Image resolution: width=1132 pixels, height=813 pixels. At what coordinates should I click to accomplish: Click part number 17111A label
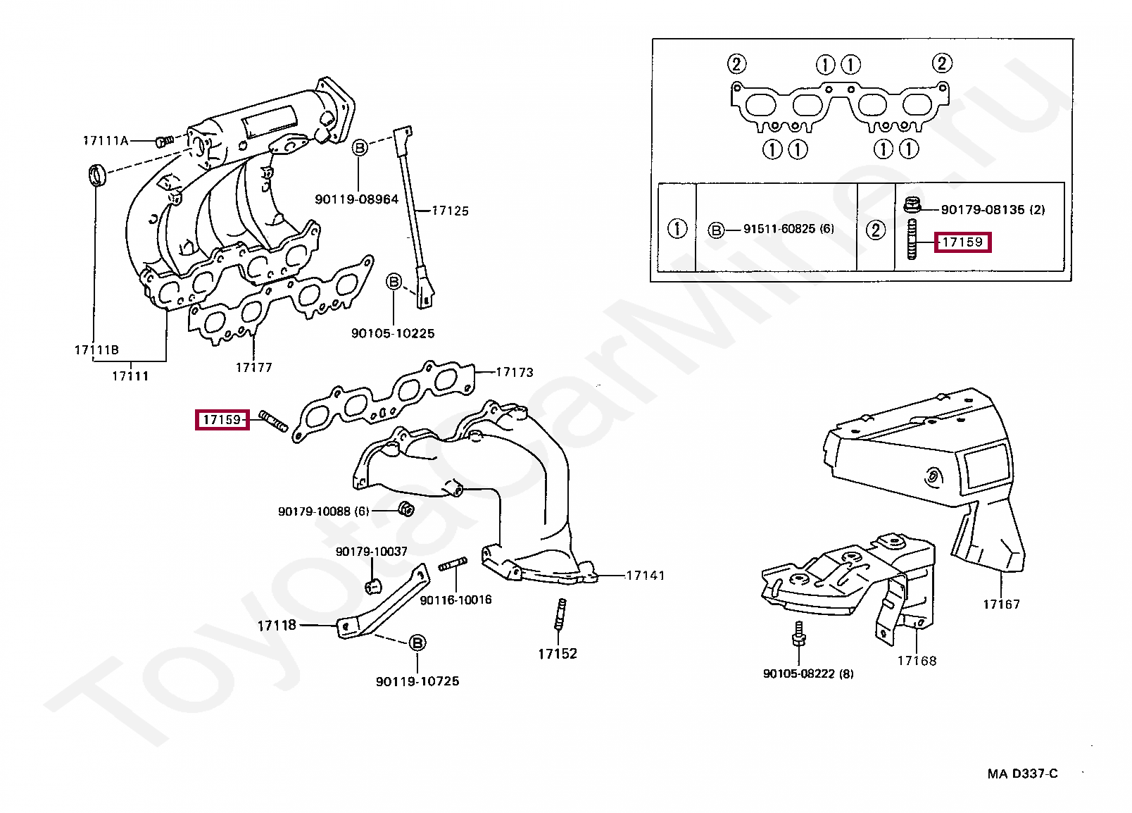[106, 141]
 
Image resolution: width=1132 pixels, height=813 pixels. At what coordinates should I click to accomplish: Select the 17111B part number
[96, 350]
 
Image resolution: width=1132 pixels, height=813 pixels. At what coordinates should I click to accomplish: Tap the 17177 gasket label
[253, 368]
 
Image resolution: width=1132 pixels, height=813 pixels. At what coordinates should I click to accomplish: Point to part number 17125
[450, 211]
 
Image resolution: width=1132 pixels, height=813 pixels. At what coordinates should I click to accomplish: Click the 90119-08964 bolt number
[356, 199]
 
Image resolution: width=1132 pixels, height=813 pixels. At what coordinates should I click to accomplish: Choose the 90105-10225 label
[393, 333]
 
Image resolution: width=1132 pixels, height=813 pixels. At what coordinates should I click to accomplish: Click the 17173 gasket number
[515, 373]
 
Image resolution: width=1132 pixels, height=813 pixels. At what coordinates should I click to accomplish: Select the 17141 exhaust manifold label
[645, 576]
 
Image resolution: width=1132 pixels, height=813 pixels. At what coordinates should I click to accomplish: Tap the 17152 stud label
[558, 654]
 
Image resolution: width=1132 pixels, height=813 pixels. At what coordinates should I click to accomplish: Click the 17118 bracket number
[277, 626]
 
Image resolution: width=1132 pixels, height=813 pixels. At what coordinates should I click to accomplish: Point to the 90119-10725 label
[417, 681]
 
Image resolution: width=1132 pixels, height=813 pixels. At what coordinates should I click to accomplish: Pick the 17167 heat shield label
[1001, 604]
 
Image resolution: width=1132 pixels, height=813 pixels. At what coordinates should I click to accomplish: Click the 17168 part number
[917, 661]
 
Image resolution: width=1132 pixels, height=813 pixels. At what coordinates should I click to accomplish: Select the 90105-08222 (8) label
[808, 674]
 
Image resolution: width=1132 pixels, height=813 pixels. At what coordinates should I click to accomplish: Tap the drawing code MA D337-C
[1022, 774]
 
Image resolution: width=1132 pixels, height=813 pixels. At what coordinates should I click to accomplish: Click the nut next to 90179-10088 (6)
[405, 508]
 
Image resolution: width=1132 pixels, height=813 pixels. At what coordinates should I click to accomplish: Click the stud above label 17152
[560, 614]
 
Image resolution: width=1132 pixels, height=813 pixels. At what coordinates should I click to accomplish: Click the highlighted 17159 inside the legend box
[962, 242]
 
